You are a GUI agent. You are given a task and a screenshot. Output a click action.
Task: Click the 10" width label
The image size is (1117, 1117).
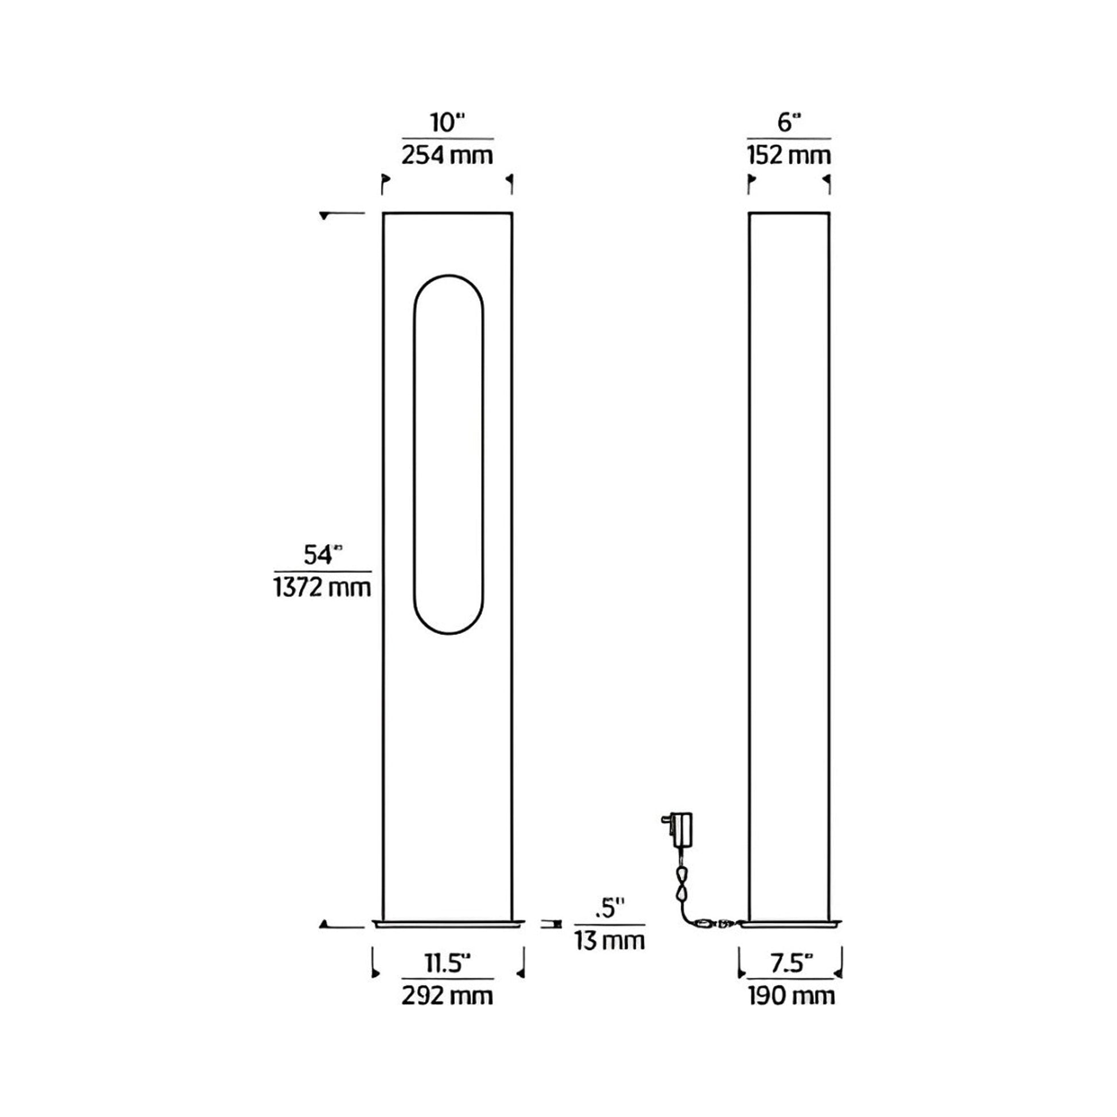447,123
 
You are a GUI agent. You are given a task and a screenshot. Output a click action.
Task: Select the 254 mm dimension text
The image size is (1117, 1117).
447,156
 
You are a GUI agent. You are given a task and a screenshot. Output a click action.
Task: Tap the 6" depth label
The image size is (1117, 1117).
789,123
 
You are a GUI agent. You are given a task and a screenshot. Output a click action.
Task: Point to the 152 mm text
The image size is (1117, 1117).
789,156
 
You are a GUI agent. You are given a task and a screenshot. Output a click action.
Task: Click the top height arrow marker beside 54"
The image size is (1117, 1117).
325,216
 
